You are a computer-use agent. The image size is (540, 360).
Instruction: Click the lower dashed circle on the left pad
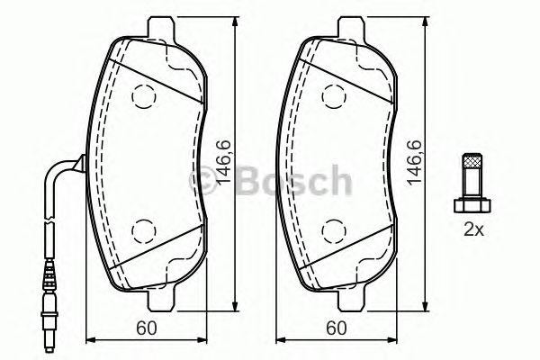click(142, 229)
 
